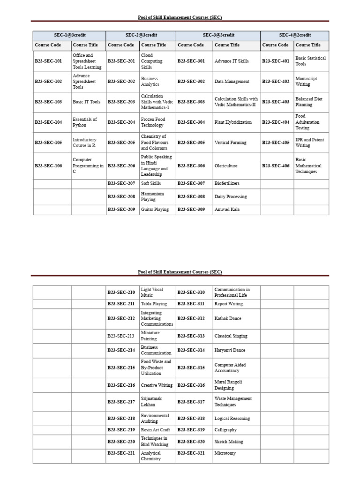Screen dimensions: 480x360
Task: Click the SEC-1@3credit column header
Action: [69, 35]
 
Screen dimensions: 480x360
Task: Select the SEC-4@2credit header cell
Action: [295, 35]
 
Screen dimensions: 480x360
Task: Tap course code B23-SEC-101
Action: [48, 61]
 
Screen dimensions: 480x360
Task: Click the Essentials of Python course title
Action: [85, 122]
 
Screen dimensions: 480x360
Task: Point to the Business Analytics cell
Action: [150, 82]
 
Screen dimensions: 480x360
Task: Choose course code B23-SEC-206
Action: [121, 165]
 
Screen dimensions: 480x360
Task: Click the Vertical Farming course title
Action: [230, 142]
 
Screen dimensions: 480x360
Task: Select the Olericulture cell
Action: [227, 165]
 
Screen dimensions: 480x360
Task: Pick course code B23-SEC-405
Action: [276, 142]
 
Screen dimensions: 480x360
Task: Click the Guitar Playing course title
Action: [155, 210]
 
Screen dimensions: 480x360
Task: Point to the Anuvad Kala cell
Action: [227, 210]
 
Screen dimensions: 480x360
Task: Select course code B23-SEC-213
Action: [121, 336]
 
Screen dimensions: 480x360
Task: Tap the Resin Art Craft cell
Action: [155, 430]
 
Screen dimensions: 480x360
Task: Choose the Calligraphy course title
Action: [225, 430]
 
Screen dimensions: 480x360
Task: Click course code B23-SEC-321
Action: [191, 453]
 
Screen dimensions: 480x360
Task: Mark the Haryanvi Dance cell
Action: [230, 350]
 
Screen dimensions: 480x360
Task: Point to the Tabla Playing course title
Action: [154, 304]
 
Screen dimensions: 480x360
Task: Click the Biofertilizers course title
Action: [227, 183]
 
